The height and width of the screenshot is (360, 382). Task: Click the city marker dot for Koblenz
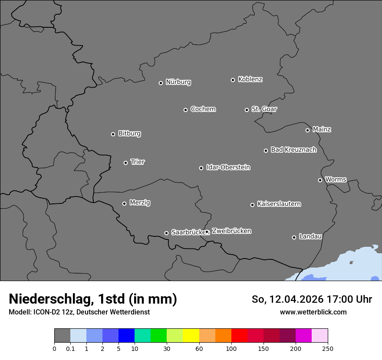click(233, 80)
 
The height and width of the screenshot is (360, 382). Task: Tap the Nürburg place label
click(178, 82)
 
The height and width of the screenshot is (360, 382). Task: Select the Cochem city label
click(203, 109)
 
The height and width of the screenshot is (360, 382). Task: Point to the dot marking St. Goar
click(247, 110)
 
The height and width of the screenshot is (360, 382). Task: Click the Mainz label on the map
click(322, 129)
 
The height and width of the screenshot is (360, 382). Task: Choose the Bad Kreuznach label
click(293, 150)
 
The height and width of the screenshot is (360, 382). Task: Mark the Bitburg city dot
click(113, 134)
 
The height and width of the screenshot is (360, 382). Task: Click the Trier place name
click(138, 162)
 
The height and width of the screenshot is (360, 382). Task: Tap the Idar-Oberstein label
click(228, 167)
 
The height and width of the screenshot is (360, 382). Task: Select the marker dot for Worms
click(320, 180)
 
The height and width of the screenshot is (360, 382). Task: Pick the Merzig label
click(140, 203)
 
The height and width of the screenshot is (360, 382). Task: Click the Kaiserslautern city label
click(279, 204)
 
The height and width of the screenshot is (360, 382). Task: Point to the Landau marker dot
click(294, 237)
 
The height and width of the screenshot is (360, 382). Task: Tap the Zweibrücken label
click(231, 231)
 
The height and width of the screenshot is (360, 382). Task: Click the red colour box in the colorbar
click(239, 336)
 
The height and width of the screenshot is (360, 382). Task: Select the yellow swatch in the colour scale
click(191, 336)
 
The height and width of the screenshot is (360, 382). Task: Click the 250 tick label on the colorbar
click(328, 348)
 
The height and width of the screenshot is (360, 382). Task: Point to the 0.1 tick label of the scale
click(70, 348)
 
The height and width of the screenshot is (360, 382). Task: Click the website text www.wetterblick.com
click(313, 312)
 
